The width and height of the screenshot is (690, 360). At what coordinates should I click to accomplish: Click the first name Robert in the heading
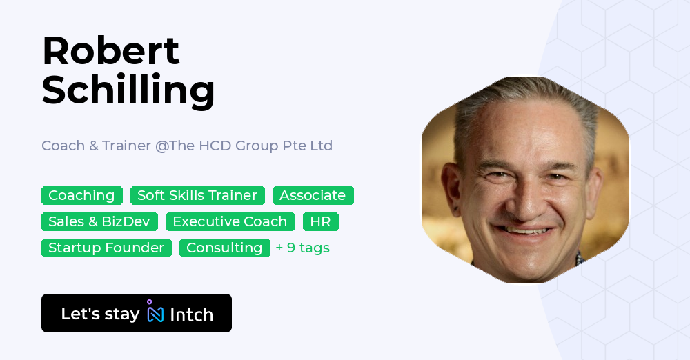coord(110,51)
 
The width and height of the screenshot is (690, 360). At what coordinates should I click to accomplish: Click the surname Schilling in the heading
coord(128,90)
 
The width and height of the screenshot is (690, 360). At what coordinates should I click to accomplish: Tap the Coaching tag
coord(81,195)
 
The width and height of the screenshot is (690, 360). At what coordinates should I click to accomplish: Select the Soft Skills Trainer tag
coord(197,195)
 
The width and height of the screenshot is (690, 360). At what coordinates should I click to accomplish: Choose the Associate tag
coord(313,195)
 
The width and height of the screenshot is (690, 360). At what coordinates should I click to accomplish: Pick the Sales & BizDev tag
coord(99,221)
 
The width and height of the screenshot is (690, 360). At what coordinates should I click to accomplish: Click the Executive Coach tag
coord(230,221)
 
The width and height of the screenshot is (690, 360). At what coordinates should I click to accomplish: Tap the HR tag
coord(320,221)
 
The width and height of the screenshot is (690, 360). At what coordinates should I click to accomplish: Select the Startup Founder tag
coord(106,248)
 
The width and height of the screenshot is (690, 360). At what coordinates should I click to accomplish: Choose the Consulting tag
coord(224,248)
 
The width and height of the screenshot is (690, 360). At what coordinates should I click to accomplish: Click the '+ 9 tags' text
coord(302,248)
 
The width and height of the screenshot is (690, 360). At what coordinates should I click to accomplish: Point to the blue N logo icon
coord(155,313)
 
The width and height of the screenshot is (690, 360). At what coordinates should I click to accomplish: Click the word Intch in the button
coord(191,314)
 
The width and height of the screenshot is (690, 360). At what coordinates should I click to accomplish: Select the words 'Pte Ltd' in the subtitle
coord(310,146)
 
